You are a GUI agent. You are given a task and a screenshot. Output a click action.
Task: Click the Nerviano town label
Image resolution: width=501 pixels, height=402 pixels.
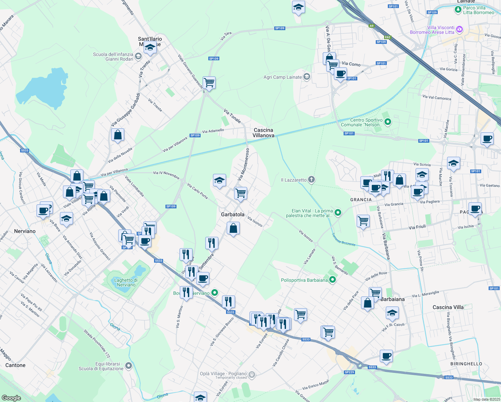tap(25, 231)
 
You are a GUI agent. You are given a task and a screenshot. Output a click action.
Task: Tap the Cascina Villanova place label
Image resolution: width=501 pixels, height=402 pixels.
tap(263, 133)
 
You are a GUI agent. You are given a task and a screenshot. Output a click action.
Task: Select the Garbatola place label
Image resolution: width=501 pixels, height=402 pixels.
tap(233, 214)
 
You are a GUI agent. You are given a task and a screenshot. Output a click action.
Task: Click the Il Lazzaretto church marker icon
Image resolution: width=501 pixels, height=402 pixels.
tap(311, 180)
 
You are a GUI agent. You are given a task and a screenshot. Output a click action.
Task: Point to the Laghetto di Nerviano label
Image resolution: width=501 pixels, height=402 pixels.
tap(126, 282)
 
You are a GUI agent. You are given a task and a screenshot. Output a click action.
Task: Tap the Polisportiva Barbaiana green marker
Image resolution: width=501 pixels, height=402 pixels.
tap(332, 280)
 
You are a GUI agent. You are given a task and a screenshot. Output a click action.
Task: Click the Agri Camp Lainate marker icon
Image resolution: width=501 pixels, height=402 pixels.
tap(306, 77)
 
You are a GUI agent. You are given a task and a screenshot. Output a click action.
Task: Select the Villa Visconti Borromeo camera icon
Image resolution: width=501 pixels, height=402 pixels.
tap(459, 30)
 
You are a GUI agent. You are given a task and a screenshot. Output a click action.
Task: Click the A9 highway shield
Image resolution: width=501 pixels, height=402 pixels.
tap(371, 26)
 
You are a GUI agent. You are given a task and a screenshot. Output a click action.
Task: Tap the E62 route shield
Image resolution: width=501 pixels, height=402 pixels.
tap(387, 37)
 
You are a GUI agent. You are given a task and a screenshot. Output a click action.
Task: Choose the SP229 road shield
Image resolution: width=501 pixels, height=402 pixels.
tap(349, 372)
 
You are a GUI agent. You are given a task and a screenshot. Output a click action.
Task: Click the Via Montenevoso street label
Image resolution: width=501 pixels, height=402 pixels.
tap(243, 164)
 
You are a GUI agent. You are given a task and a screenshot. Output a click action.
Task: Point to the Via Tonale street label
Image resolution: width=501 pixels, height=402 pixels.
tap(232, 116)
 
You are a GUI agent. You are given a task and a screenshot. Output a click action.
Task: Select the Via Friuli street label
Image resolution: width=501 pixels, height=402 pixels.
tap(417, 227)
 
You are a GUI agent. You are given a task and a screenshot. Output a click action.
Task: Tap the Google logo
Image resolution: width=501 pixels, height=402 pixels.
tap(11, 398)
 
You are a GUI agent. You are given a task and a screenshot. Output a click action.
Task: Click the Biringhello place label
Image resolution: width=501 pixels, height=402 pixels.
tap(466, 364)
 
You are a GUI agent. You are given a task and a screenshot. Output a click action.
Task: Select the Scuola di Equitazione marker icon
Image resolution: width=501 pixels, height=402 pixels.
tap(129, 366)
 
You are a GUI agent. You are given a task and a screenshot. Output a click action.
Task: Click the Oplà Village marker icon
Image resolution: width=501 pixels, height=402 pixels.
tap(252, 375)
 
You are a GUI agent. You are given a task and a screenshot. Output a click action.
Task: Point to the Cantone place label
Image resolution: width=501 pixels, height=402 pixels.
tap(15, 365)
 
